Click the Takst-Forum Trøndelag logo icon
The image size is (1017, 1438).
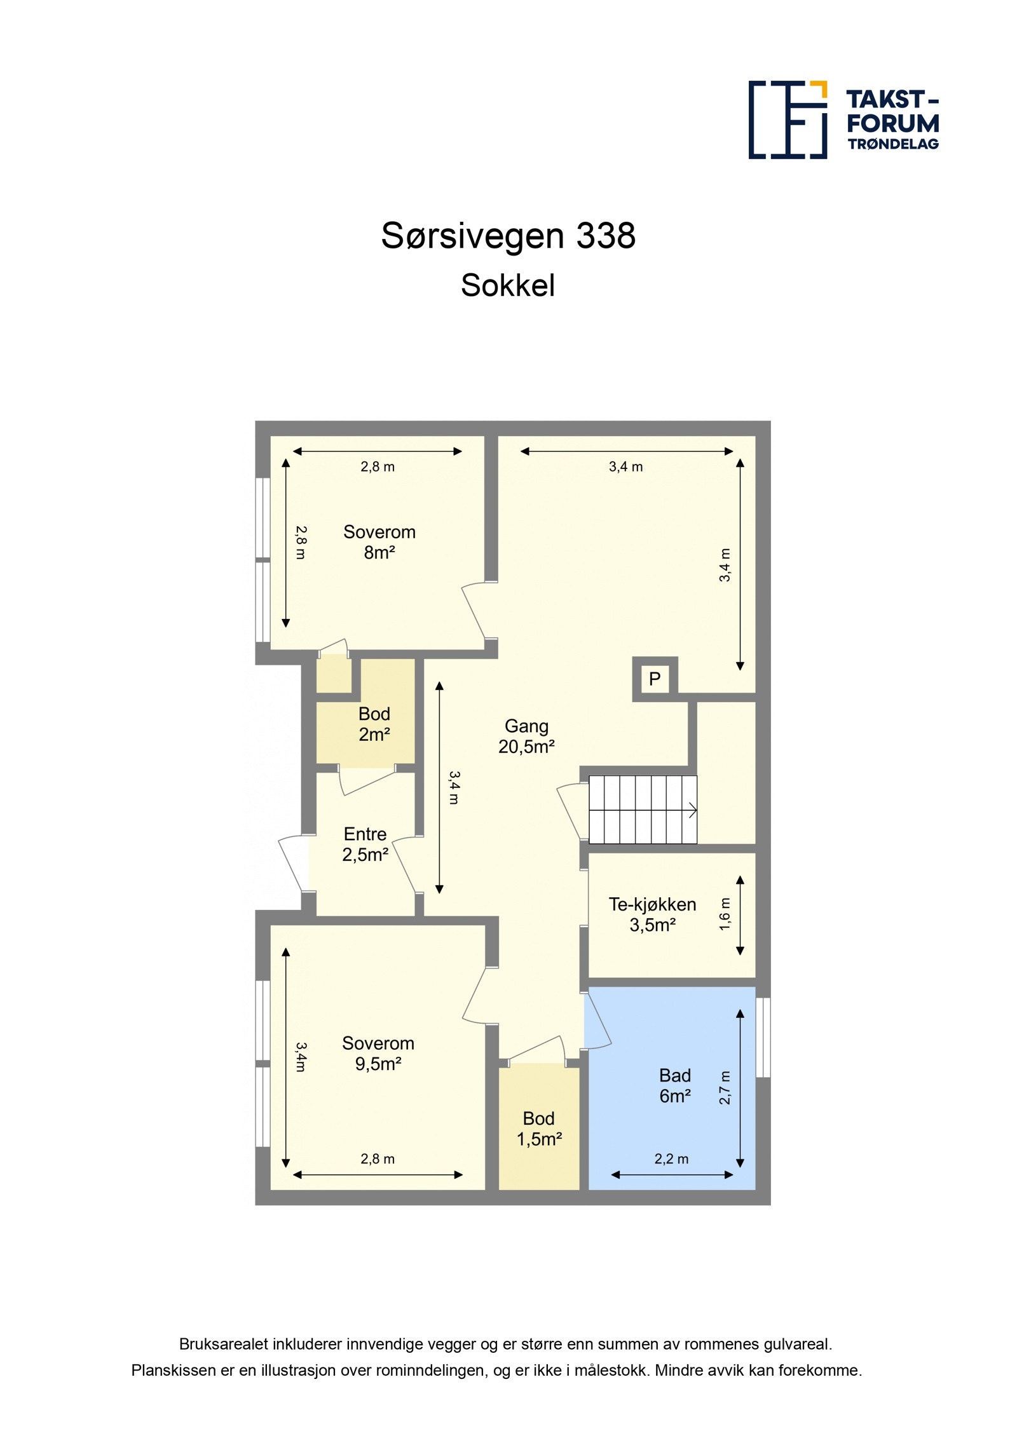pyautogui.click(x=787, y=119)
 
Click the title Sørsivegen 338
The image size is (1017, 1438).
pyautogui.click(x=508, y=236)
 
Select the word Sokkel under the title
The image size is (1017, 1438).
pyautogui.click(x=508, y=285)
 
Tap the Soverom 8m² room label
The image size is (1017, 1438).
pyautogui.click(x=379, y=542)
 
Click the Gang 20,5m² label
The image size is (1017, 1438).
pyautogui.click(x=526, y=736)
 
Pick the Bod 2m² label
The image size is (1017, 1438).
pyautogui.click(x=374, y=724)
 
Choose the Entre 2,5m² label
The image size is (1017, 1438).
pyautogui.click(x=365, y=844)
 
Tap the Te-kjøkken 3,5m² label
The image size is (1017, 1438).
pyautogui.click(x=652, y=914)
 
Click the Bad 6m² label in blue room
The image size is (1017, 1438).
pyautogui.click(x=675, y=1085)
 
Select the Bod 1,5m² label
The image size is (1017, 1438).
pyautogui.click(x=539, y=1129)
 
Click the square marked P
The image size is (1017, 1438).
pyautogui.click(x=655, y=679)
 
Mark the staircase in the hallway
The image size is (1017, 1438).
pyautogui.click(x=643, y=809)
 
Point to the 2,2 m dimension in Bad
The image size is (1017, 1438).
pyautogui.click(x=671, y=1159)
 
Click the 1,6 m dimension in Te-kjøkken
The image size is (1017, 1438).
pyautogui.click(x=725, y=914)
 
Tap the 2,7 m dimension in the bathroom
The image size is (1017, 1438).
pyautogui.click(x=725, y=1087)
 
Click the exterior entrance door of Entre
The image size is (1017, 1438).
pyautogui.click(x=292, y=864)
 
